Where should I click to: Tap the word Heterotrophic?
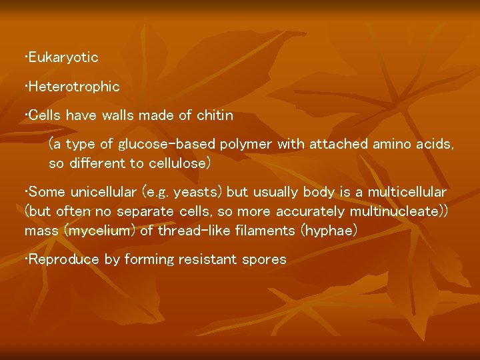pyautogui.click(x=74, y=87)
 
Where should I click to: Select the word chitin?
pyautogui.click(x=214, y=115)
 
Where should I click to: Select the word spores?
pyautogui.click(x=265, y=259)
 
